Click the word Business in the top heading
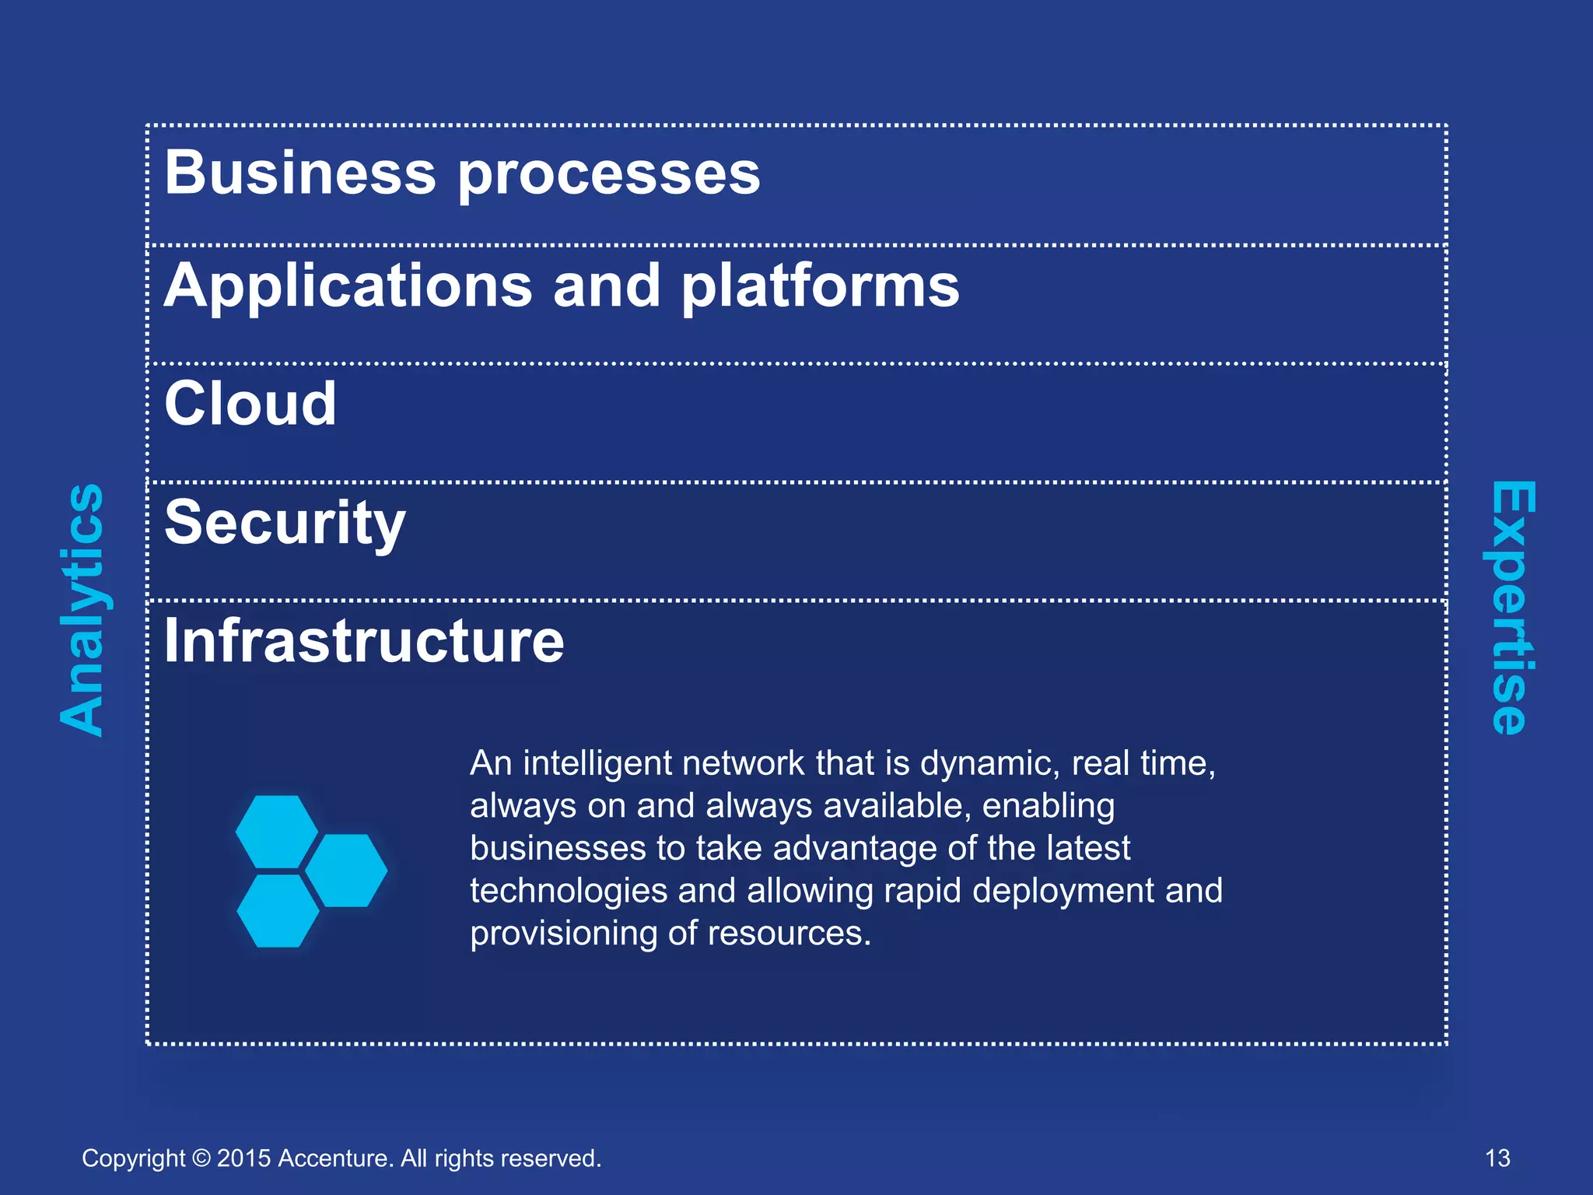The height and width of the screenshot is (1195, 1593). [300, 173]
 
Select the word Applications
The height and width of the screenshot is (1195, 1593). [348, 286]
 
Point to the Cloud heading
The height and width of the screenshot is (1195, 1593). [250, 404]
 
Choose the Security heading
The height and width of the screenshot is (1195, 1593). [285, 524]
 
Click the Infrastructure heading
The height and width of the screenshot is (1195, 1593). [364, 641]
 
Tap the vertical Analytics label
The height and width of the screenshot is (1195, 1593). [82, 609]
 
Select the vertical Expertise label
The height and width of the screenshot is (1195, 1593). [1512, 608]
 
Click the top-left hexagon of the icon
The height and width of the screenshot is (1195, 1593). [276, 831]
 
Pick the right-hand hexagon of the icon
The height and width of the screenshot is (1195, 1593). [346, 870]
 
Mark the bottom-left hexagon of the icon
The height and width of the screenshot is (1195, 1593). [278, 910]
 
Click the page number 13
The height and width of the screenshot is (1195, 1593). [1497, 1158]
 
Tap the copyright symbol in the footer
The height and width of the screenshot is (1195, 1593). [201, 1158]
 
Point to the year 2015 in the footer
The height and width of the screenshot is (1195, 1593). [243, 1158]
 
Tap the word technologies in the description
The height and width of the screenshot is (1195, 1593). [569, 892]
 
